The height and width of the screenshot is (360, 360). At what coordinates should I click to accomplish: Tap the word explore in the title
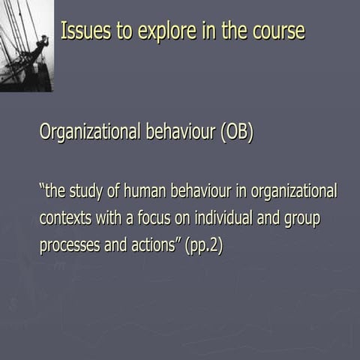pyautogui.click(x=150, y=31)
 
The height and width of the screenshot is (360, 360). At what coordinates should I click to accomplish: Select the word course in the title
pyautogui.click(x=277, y=31)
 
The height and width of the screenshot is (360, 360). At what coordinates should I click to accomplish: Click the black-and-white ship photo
pyautogui.click(x=26, y=46)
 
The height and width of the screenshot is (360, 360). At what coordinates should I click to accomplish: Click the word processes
pyautogui.click(x=69, y=245)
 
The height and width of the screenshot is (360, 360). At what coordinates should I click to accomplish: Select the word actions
pyautogui.click(x=154, y=245)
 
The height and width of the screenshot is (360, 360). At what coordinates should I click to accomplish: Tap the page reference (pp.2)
pyautogui.click(x=203, y=245)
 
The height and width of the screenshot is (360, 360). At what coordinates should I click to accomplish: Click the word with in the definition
pyautogui.click(x=107, y=218)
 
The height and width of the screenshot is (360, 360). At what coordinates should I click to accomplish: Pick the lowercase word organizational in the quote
pyautogui.click(x=293, y=191)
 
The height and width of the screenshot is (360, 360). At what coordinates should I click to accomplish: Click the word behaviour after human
pyautogui.click(x=205, y=191)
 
